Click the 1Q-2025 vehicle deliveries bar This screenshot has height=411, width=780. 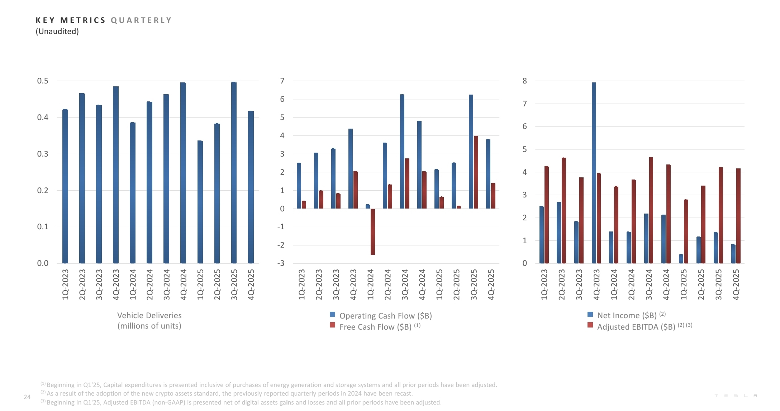tap(200, 202)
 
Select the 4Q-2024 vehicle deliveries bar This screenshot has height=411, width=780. tap(183, 173)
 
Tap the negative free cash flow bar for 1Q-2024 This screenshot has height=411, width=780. tap(373, 232)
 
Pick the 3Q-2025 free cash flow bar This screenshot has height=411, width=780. tap(476, 172)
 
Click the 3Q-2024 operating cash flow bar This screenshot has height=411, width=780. tap(402, 152)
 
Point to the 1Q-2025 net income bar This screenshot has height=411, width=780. tap(681, 259)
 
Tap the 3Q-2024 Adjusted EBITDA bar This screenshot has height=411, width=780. tap(651, 210)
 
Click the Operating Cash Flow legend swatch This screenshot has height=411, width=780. tap(333, 315)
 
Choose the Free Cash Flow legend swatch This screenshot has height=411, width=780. tap(333, 325)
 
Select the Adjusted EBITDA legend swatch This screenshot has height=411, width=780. tap(590, 325)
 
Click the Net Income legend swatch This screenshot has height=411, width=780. tap(590, 315)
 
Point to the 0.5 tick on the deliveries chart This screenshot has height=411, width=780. tap(43, 81)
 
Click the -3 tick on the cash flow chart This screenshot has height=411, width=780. tap(281, 263)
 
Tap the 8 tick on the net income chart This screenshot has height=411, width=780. tap(525, 81)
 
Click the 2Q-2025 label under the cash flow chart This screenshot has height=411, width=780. tap(456, 285)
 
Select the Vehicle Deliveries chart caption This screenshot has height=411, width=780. tap(149, 320)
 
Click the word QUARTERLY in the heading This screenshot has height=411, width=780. tap(141, 20)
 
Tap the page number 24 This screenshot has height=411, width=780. tap(27, 397)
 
